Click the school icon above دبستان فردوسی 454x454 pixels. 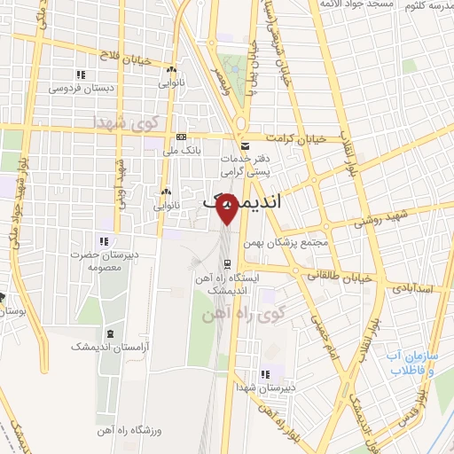pyautogui.click(x=81, y=74)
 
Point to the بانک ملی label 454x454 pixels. pyautogui.click(x=182, y=151)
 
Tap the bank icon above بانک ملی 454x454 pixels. pyautogui.click(x=182, y=137)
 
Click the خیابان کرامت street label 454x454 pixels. pyautogui.click(x=313, y=137)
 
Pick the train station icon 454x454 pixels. pyautogui.click(x=228, y=263)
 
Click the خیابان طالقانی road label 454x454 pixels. pyautogui.click(x=336, y=277)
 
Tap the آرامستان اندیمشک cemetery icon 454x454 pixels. pyautogui.click(x=109, y=333)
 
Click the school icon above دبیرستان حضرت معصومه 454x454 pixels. pyautogui.click(x=105, y=240)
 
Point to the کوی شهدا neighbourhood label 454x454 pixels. pyautogui.click(x=133, y=122)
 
